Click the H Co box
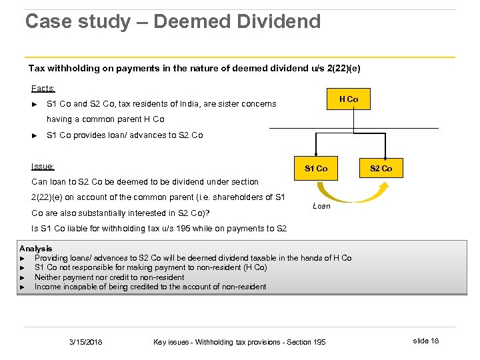(348, 99)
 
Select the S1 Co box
(316, 168)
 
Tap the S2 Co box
(381, 168)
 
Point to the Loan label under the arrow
(321, 206)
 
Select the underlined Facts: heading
(43, 88)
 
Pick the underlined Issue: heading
(43, 167)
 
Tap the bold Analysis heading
(36, 249)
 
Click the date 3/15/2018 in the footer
(87, 342)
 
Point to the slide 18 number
(425, 341)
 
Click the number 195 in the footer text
(319, 342)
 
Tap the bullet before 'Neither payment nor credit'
(23, 277)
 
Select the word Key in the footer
(160, 342)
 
